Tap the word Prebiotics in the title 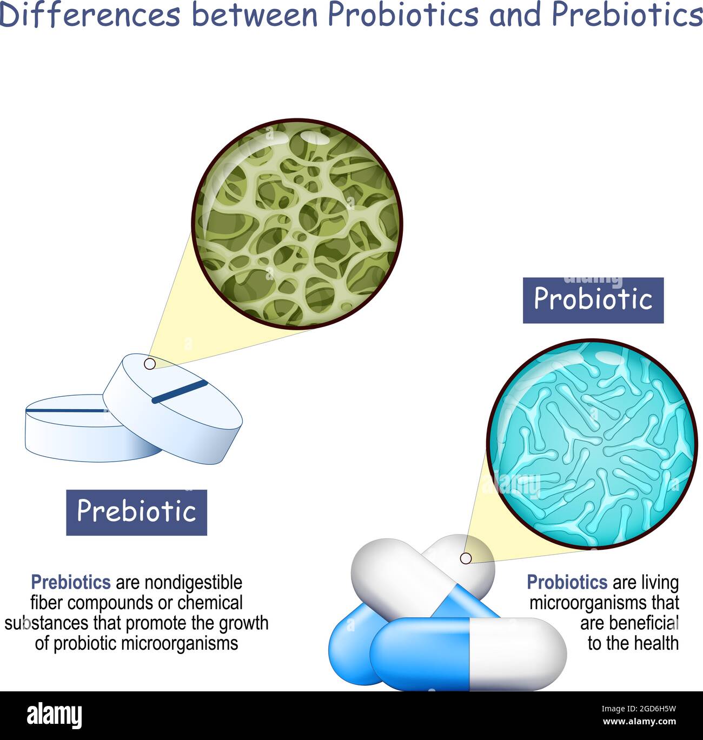[627, 15]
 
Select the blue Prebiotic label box [136, 512]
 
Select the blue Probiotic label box [593, 300]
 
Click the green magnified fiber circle [297, 224]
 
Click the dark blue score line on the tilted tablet [180, 391]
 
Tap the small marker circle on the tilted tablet [149, 364]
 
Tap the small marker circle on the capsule [465, 558]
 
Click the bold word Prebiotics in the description [71, 582]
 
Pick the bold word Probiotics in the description [567, 582]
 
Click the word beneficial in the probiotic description [629, 623]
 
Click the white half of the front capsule [516, 654]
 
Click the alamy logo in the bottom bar [55, 715]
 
